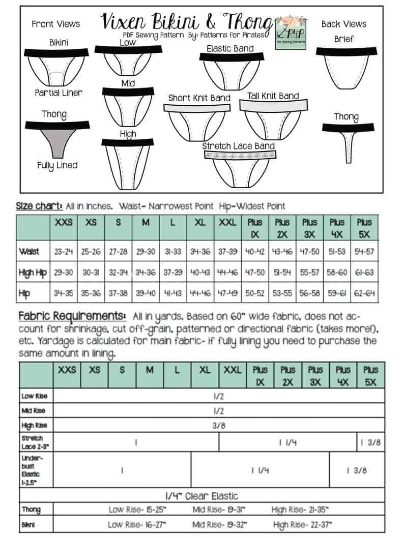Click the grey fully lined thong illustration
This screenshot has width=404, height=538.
click(x=57, y=139)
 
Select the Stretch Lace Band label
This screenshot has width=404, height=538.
click(x=239, y=146)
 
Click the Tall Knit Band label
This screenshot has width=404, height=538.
click(x=273, y=96)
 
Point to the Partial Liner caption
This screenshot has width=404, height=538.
click(x=59, y=93)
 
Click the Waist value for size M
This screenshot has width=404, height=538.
click(x=146, y=252)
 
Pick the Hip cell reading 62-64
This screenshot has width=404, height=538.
click(x=364, y=293)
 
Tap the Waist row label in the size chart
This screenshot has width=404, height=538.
click(x=29, y=252)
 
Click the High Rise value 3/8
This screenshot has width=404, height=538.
click(x=219, y=426)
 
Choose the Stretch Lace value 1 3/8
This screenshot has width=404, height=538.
click(x=370, y=443)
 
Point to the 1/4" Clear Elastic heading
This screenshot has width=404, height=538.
click(x=202, y=496)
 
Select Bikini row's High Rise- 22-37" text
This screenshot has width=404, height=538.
click(x=303, y=525)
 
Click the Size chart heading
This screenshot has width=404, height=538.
click(x=39, y=206)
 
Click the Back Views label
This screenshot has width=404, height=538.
click(x=343, y=23)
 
